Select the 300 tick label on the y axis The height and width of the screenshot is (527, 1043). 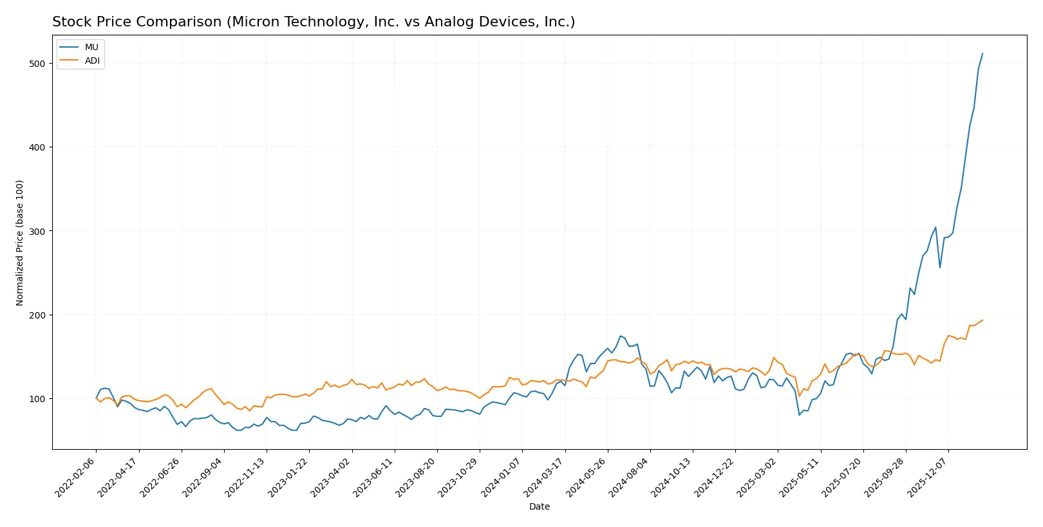click(x=37, y=231)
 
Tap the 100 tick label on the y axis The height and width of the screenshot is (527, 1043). click(x=37, y=399)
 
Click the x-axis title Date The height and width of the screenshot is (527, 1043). click(x=539, y=507)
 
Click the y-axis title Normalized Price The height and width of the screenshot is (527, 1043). click(x=20, y=243)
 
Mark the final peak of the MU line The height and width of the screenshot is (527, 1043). click(x=982, y=53)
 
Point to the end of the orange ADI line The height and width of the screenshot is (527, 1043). click(x=982, y=320)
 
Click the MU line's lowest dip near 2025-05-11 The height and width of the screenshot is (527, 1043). click(x=800, y=415)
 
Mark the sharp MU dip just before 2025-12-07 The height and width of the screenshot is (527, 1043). click(x=940, y=268)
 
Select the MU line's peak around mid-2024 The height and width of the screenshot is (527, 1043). click(x=621, y=336)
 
